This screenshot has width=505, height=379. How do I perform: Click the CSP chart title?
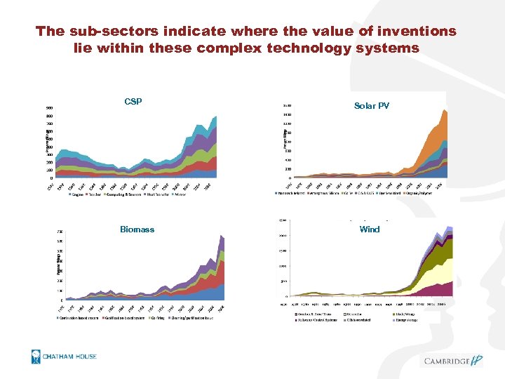[133, 102]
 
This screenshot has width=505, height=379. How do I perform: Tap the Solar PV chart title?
[372, 106]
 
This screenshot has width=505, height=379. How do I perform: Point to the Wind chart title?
[369, 230]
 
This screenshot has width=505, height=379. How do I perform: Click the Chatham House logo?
[64, 356]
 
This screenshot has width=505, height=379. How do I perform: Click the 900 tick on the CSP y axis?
[49, 107]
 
